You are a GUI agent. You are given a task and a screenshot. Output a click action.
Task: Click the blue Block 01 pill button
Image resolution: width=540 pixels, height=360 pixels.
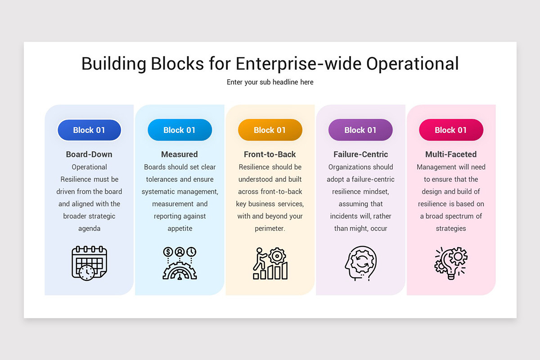click(89, 130)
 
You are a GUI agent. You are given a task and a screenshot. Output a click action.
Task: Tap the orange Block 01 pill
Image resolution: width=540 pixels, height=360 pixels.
click(270, 130)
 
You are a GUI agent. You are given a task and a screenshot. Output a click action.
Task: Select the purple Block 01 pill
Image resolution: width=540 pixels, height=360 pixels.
click(360, 130)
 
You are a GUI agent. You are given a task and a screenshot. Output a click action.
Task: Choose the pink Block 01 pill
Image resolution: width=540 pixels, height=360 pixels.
click(451, 130)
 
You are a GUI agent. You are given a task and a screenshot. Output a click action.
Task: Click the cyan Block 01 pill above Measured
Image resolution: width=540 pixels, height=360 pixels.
click(180, 130)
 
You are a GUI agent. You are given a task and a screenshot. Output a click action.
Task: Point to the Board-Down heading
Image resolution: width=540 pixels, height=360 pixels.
click(89, 154)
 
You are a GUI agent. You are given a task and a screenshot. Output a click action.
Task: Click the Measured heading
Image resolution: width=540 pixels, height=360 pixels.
click(180, 154)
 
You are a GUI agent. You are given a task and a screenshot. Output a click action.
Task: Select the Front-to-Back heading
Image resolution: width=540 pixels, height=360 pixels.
click(270, 154)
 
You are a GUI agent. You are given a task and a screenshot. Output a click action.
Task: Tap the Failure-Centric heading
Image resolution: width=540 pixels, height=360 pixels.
click(360, 154)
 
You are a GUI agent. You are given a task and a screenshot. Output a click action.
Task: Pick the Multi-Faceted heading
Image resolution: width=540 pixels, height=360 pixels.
click(451, 154)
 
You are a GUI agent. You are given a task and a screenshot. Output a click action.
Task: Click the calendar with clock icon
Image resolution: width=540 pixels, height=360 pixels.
click(90, 263)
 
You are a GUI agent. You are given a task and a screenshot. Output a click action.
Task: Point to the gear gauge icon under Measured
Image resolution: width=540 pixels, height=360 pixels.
click(180, 263)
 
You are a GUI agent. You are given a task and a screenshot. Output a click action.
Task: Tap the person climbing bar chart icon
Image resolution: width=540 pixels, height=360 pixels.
click(270, 263)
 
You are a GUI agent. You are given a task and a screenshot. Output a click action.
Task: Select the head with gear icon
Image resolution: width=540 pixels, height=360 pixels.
click(360, 263)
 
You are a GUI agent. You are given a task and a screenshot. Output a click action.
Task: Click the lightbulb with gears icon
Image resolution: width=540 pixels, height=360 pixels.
click(451, 263)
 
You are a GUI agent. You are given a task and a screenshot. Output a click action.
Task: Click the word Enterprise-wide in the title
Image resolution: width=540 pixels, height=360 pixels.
click(298, 63)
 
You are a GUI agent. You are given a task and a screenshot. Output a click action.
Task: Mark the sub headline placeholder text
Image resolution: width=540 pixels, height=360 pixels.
click(270, 82)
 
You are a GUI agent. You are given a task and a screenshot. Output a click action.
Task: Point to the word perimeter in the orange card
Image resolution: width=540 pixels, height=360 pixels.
click(270, 229)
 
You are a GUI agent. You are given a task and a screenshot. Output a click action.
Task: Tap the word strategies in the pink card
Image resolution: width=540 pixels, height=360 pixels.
click(451, 229)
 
